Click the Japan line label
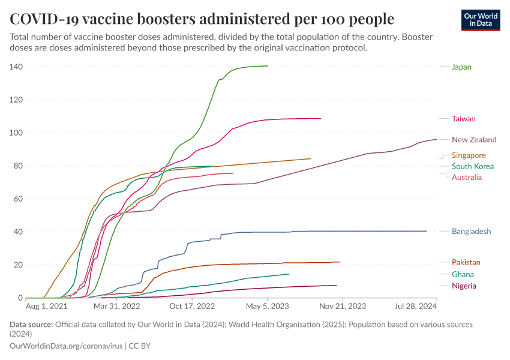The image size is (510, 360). coord(461,67)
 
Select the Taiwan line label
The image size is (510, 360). coord(463,119)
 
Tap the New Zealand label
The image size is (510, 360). coord(474,140)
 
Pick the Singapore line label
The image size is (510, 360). coord(469,155)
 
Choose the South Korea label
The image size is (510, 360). coord(473,166)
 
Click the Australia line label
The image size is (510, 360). coord(467,177)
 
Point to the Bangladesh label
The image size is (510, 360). coord(471,232)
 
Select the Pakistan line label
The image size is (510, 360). coord(466,262)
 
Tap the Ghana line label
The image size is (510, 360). coord(463,274)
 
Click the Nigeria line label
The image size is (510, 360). coord(464,286)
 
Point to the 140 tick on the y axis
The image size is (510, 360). coord(16,67)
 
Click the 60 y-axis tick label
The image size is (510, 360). coord(17,199)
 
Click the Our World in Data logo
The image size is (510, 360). coord(481,20)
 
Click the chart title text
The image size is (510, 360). coord(202,19)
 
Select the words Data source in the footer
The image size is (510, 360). coord(31,325)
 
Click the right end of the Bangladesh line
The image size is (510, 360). coord(426,231)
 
